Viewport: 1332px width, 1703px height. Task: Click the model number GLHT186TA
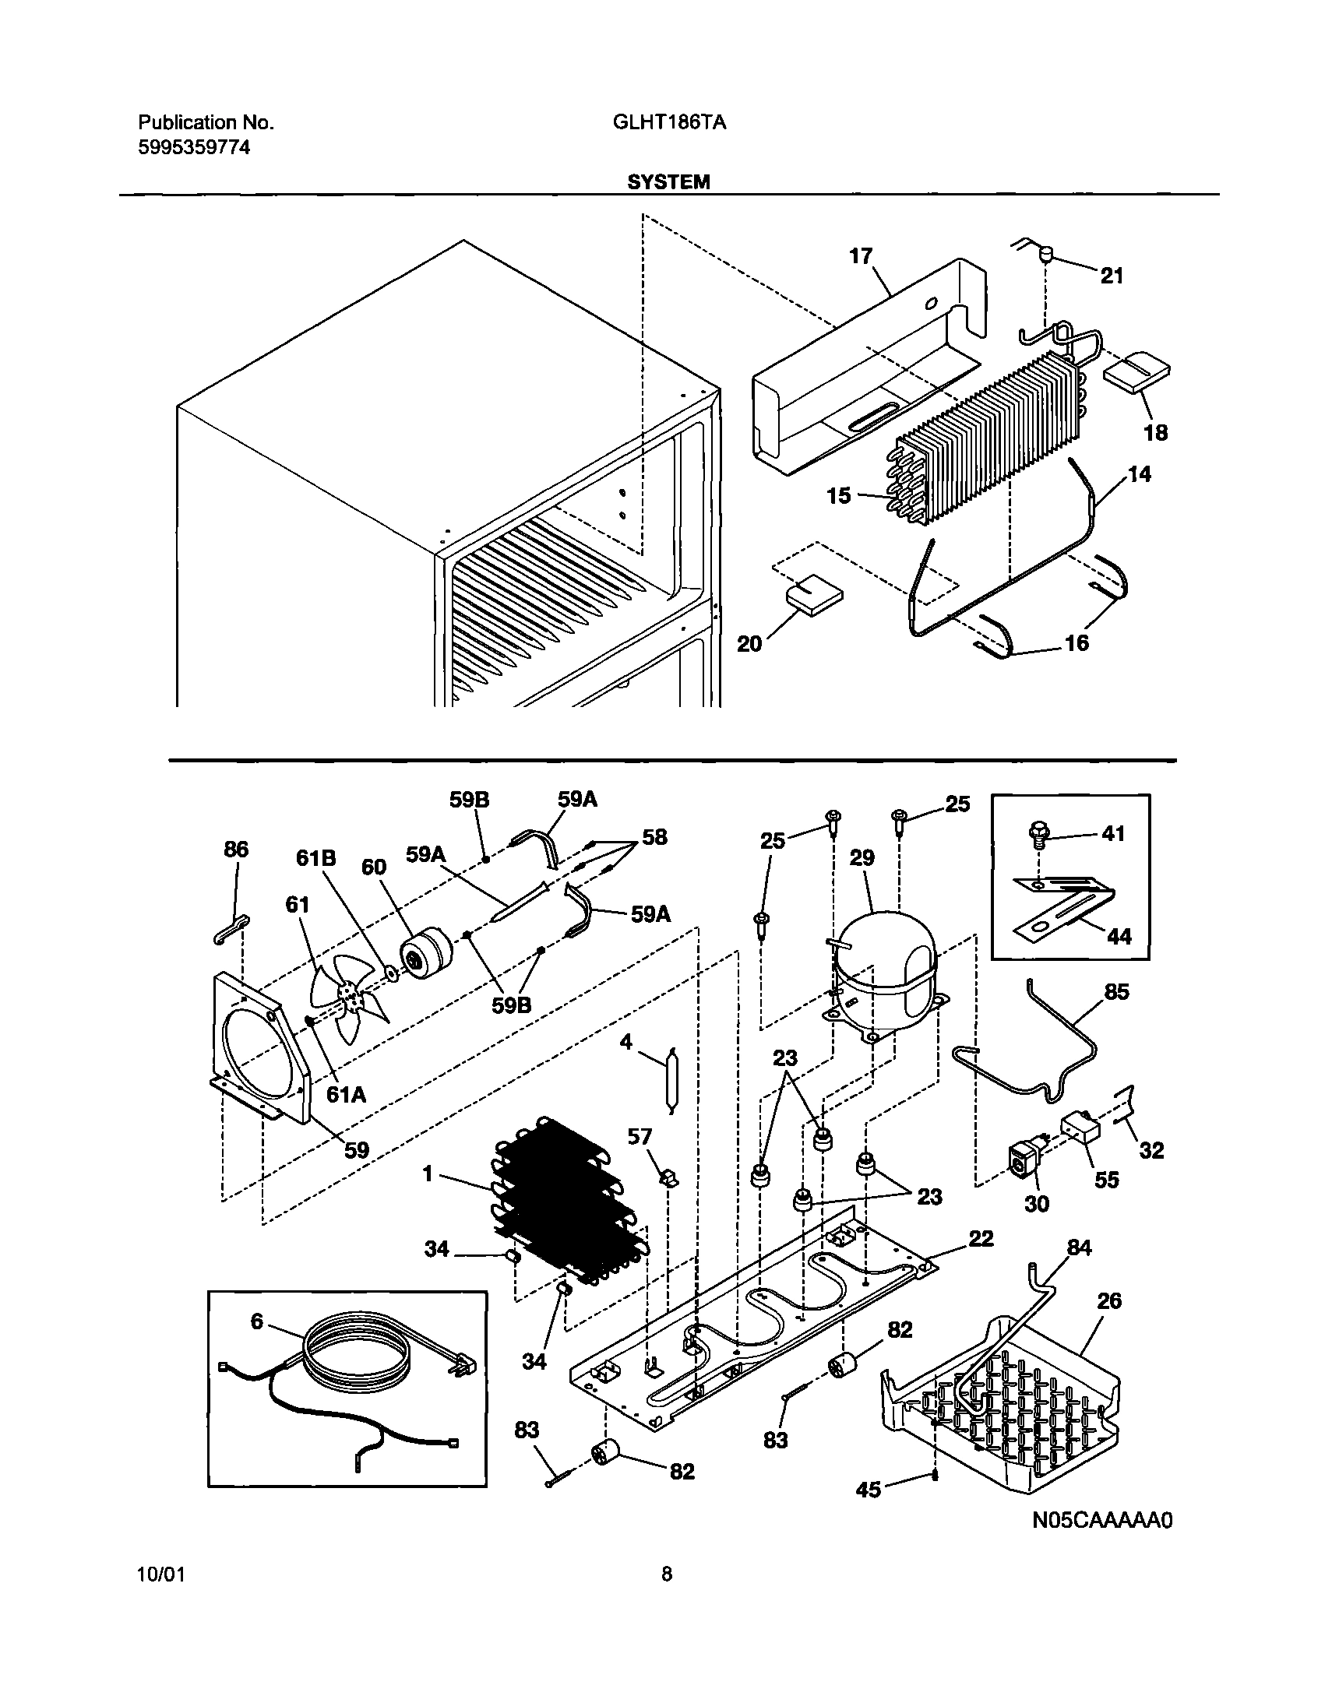pyautogui.click(x=668, y=122)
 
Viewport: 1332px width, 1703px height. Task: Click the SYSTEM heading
pyautogui.click(x=668, y=181)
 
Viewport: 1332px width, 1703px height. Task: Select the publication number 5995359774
pyautogui.click(x=194, y=148)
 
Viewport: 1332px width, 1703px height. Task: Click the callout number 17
pyautogui.click(x=860, y=255)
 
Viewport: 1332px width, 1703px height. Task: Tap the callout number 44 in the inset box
pyautogui.click(x=1119, y=936)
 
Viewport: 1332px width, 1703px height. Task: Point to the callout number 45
pyautogui.click(x=868, y=1490)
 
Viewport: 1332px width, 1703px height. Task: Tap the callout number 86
pyautogui.click(x=236, y=849)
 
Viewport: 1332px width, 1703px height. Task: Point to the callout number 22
pyautogui.click(x=981, y=1239)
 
